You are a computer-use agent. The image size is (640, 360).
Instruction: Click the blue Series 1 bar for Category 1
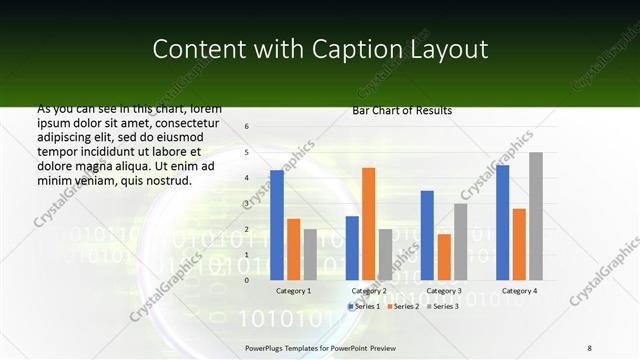tap(277, 225)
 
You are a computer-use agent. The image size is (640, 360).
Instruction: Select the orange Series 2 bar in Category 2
tap(368, 224)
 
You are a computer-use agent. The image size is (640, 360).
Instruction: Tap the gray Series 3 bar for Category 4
tap(536, 216)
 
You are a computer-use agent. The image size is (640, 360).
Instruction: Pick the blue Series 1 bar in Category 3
tap(427, 235)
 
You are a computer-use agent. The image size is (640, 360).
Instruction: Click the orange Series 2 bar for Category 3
tap(444, 257)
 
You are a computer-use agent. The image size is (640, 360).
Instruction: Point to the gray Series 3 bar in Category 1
tap(310, 255)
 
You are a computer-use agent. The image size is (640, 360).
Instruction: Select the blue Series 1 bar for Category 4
tap(502, 222)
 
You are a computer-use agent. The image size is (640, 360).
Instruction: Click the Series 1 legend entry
tap(367, 306)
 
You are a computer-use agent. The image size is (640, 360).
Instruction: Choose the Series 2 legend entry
tap(404, 306)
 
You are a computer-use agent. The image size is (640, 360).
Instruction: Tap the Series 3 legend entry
tap(441, 306)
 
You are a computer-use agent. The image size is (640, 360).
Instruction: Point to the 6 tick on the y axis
tap(247, 127)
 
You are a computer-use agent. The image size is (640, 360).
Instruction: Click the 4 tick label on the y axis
tap(247, 178)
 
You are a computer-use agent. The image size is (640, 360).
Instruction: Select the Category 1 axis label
tap(293, 290)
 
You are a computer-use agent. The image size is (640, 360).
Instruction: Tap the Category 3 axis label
tap(444, 290)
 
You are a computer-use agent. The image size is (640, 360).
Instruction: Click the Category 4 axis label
tap(519, 290)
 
